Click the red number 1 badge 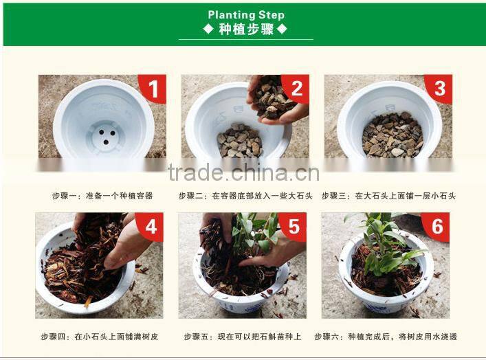pos(154,89)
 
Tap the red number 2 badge pos(297,89)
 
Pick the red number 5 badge pos(294,227)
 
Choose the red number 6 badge pos(437,227)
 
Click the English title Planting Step pos(246,14)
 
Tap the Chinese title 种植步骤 pos(246,30)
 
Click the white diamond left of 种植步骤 pos(208,29)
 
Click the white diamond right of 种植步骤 pos(282,29)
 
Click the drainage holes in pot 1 pos(106,137)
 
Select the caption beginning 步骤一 pos(102,196)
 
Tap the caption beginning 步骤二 pos(245,196)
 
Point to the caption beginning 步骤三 pos(388,196)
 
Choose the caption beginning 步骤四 pos(100,337)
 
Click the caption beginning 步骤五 pos(243,337)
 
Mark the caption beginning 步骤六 pos(386,337)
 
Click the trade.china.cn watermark pos(243,173)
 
